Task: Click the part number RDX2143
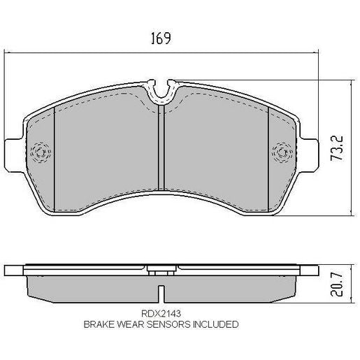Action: [160, 315]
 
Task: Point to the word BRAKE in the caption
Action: [99, 324]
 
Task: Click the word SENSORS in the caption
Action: [166, 324]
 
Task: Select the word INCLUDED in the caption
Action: [214, 324]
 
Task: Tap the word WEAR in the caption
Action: [130, 324]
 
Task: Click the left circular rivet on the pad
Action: [40, 151]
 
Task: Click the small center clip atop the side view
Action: [161, 267]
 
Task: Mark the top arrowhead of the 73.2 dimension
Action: [350, 80]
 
